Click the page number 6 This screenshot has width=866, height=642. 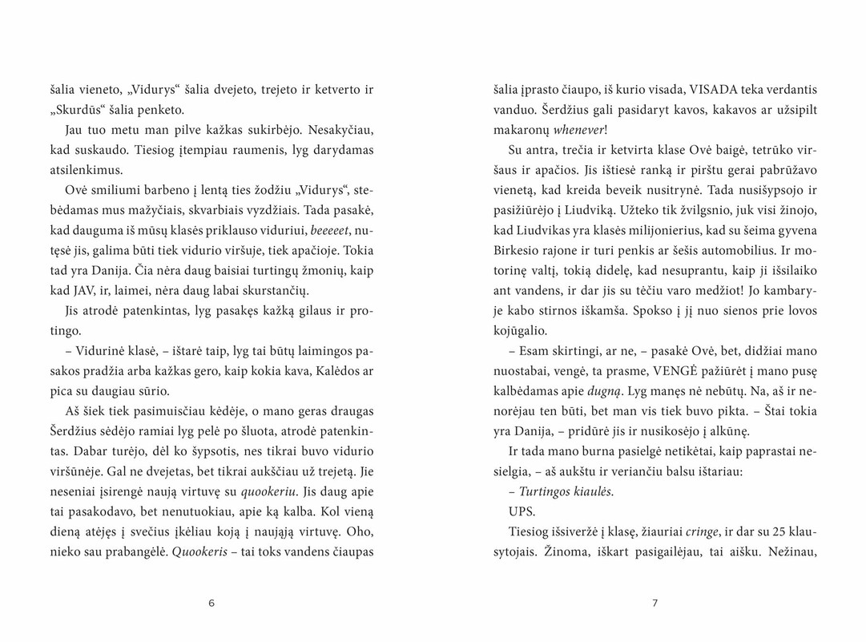(211, 604)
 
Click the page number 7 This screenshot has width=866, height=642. (655, 604)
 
